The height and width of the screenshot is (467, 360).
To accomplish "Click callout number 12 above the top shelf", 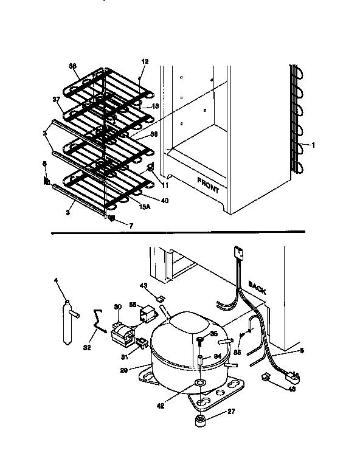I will click(x=145, y=61).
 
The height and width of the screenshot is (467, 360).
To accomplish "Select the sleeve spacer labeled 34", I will click(x=199, y=362).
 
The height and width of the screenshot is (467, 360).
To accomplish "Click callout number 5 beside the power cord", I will click(x=302, y=351).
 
